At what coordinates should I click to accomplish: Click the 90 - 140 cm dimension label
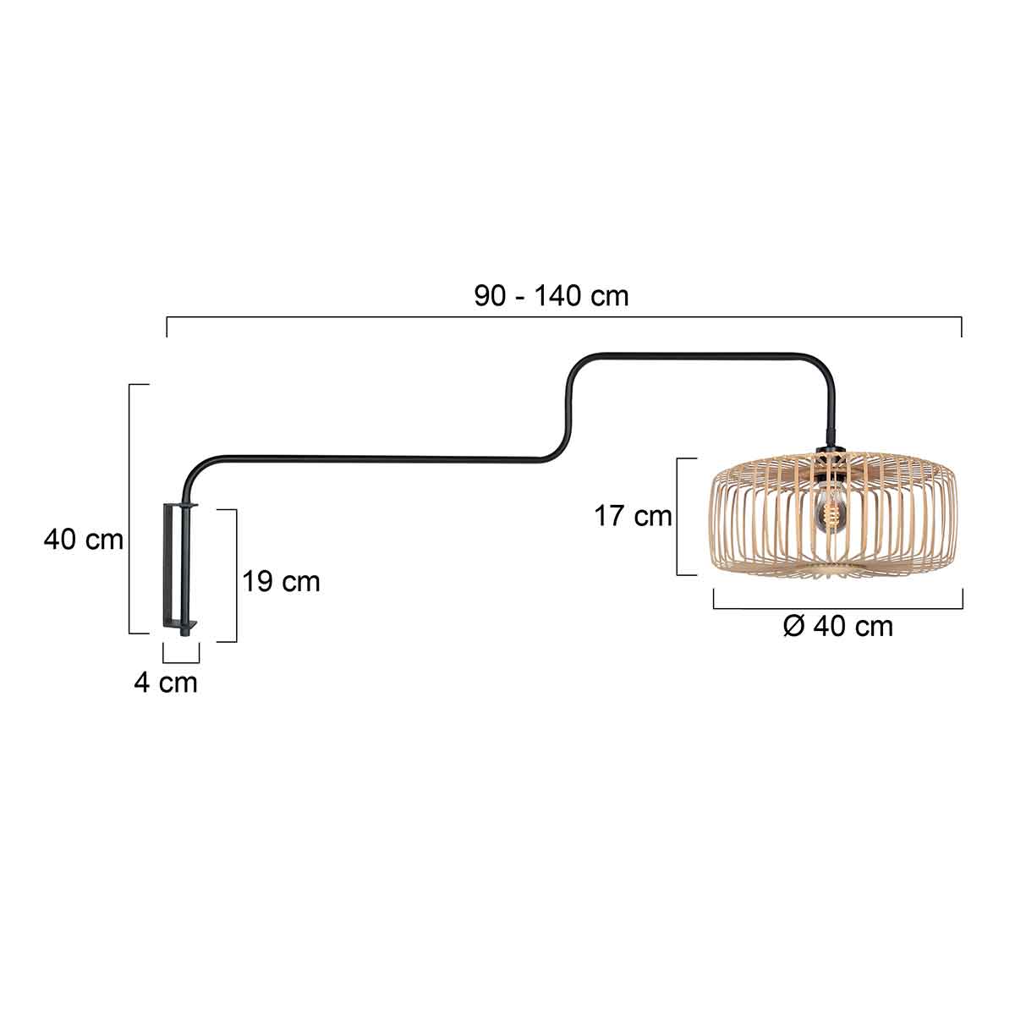click(x=551, y=296)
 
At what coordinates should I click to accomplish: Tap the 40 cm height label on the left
click(x=83, y=540)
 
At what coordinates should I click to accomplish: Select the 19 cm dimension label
click(x=282, y=582)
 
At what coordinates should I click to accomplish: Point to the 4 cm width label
click(x=165, y=683)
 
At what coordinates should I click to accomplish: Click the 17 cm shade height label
click(x=633, y=515)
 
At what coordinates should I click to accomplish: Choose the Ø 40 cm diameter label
click(x=837, y=627)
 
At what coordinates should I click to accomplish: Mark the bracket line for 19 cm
click(x=236, y=575)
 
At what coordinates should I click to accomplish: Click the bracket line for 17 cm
click(x=678, y=516)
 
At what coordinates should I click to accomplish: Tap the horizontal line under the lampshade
click(x=837, y=607)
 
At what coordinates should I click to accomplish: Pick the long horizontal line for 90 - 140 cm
click(x=563, y=317)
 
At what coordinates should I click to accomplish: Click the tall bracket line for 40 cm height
click(x=129, y=507)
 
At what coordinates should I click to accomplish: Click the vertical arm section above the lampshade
click(x=832, y=406)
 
